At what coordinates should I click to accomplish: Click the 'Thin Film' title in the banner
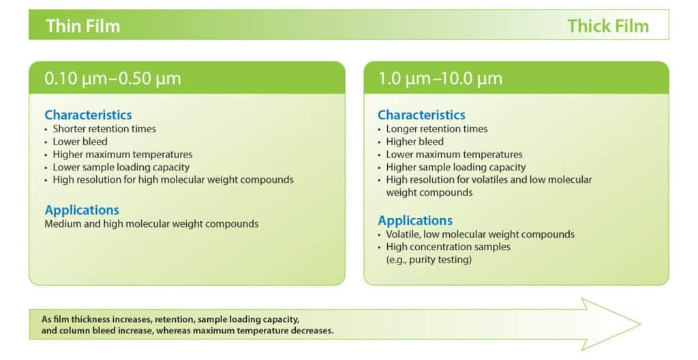coord(82,26)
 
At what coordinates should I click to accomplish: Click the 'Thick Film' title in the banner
coord(608,26)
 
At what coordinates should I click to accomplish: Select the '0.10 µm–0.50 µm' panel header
coord(113,78)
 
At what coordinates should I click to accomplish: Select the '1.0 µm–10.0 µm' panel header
coord(440,78)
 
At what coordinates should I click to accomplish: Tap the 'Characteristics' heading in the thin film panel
coord(88,115)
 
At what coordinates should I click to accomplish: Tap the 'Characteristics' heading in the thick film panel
coord(421,115)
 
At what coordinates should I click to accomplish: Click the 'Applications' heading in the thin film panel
coord(82,210)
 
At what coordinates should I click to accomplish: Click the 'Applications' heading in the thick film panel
coord(415,221)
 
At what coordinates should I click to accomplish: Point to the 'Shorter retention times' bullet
coord(104,129)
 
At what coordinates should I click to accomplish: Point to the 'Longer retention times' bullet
coord(437,129)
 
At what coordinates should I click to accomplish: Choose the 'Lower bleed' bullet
coord(78,142)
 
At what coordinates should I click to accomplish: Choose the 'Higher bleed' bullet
coord(414,142)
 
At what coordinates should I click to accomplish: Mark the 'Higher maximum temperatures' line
coord(123,155)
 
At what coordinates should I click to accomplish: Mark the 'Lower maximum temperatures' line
coord(454,155)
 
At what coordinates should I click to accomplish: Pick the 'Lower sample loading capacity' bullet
coord(121,167)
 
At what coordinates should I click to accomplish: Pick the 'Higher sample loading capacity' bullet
coord(456,167)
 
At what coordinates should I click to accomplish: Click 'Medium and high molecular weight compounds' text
coord(151,224)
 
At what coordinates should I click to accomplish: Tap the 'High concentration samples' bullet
coord(448,247)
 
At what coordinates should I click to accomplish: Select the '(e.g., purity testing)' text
coord(429,260)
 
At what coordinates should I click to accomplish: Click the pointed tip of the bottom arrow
coord(639,322)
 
